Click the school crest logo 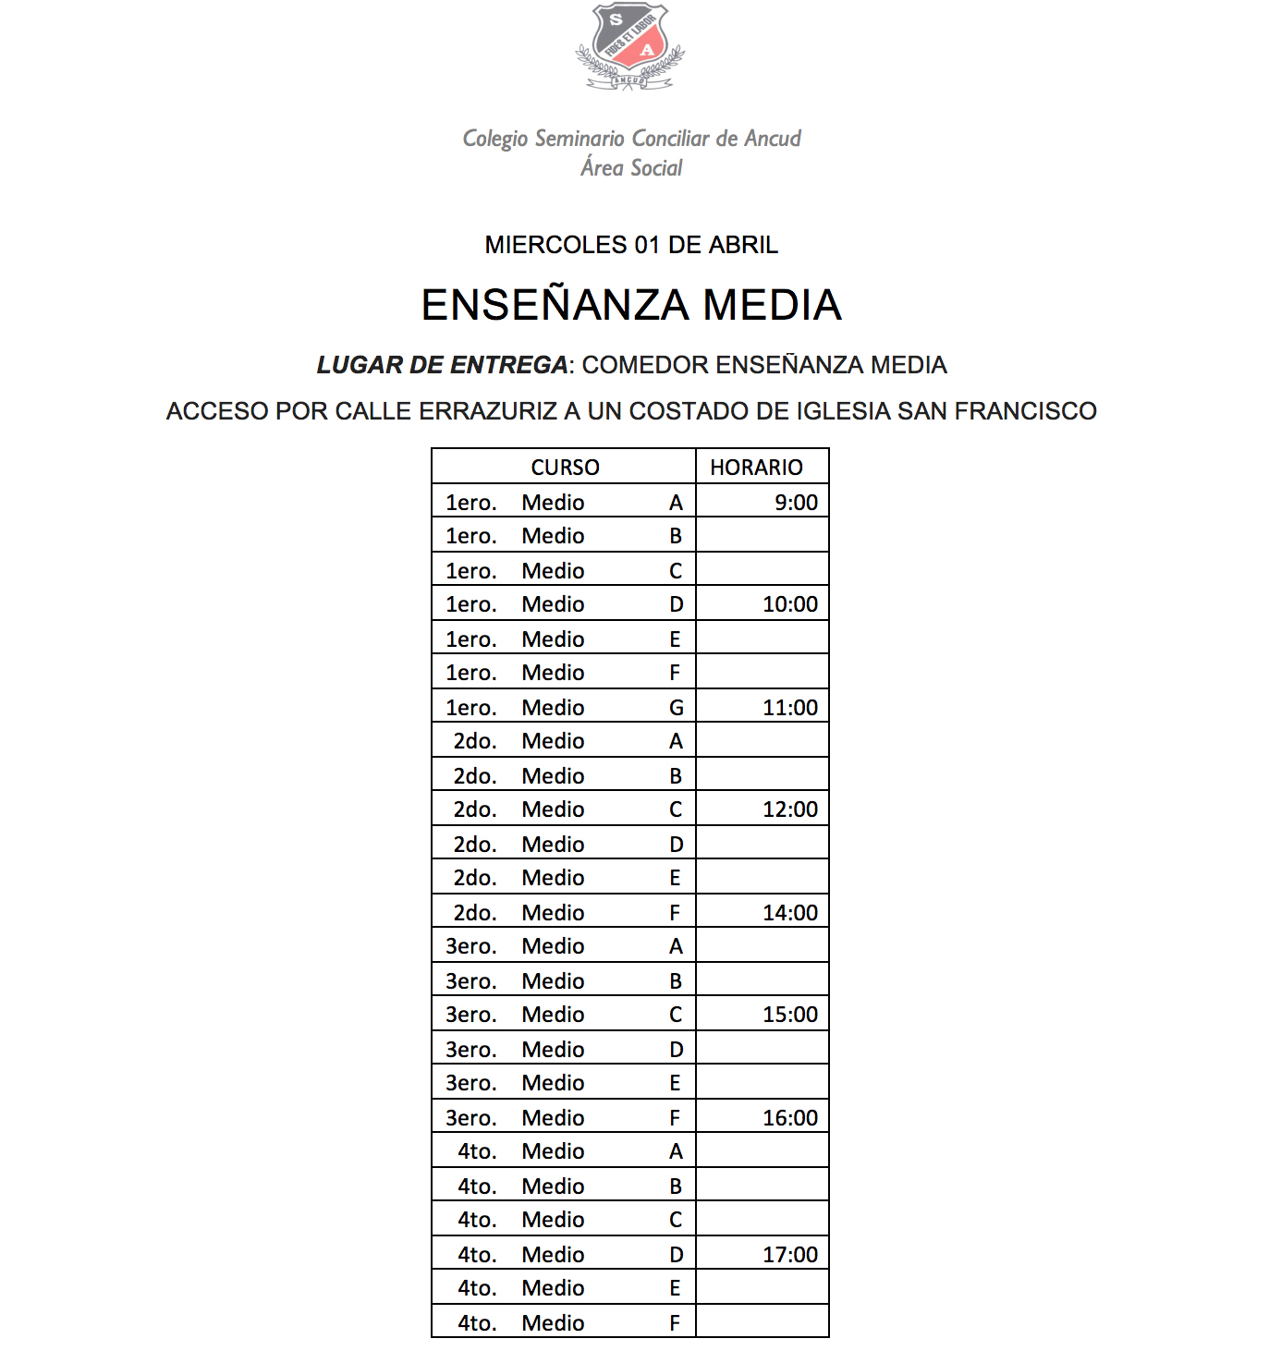pos(630,46)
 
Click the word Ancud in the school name pos(773,139)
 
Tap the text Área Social pos(631,168)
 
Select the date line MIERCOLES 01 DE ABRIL pos(631,245)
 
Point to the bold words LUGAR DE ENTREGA pos(442,365)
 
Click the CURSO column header pos(565,468)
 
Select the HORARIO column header pos(756,468)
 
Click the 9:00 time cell pos(796,503)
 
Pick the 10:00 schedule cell pos(790,604)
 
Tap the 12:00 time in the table pos(790,809)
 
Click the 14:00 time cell pos(790,913)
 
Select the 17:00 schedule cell pos(790,1255)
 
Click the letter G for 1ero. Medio pos(677,708)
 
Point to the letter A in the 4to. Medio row pos(677,1151)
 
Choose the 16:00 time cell pos(790,1118)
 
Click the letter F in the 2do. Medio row pos(676,913)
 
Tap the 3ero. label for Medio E pos(471,1083)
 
